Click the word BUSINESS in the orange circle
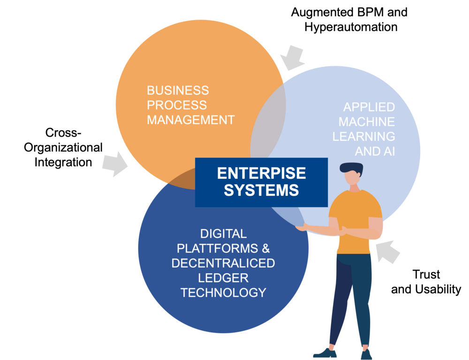pos(178,90)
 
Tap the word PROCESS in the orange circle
pos(177,105)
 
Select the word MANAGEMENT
pos(190,120)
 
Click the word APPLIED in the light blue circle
pos(369,107)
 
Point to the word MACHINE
pos(366,122)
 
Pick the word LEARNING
pos(363,137)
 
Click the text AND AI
pos(375,151)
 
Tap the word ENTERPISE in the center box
pos(261,173)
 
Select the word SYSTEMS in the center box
pos(261,190)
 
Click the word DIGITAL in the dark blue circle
pos(223,233)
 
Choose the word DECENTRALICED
pos(223,263)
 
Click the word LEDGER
pos(223,277)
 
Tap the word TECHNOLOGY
pos(223,292)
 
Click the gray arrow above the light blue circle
pos(292,57)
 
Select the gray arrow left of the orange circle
pos(114,164)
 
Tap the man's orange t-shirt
pos(355,221)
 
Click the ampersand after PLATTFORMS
pos(266,248)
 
